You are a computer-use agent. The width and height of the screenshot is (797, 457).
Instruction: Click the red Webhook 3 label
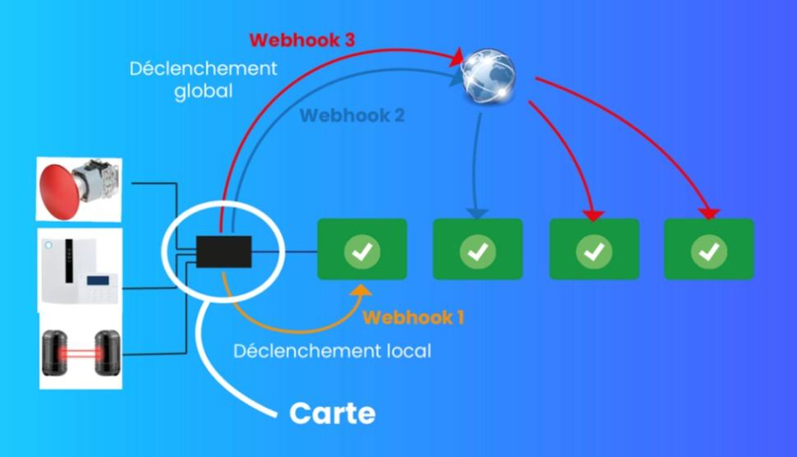click(x=302, y=40)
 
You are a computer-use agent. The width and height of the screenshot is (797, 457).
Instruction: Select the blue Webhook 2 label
click(x=352, y=115)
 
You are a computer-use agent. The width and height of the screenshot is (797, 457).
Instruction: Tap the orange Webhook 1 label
click(x=413, y=317)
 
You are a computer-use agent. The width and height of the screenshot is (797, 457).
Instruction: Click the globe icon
click(x=487, y=76)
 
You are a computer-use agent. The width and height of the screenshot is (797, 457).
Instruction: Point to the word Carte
click(x=332, y=413)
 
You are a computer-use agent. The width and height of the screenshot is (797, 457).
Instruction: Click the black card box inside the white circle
click(x=223, y=251)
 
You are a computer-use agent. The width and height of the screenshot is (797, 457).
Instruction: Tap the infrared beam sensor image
click(x=80, y=353)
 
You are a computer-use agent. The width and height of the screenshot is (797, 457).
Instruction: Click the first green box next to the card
click(x=362, y=249)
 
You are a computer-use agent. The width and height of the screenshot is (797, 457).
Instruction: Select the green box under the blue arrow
click(x=477, y=249)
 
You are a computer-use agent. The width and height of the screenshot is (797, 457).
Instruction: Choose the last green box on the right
click(x=709, y=249)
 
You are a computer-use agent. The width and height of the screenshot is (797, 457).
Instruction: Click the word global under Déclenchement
click(x=203, y=90)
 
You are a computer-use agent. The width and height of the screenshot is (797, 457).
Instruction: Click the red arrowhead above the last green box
click(x=707, y=214)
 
